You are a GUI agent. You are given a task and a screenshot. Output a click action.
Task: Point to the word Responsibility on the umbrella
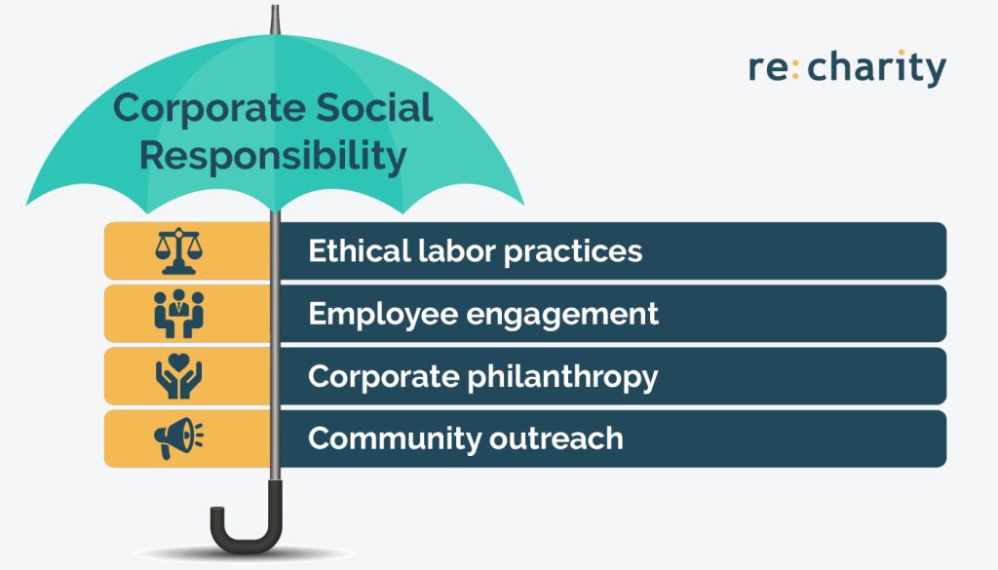pos(274,156)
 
